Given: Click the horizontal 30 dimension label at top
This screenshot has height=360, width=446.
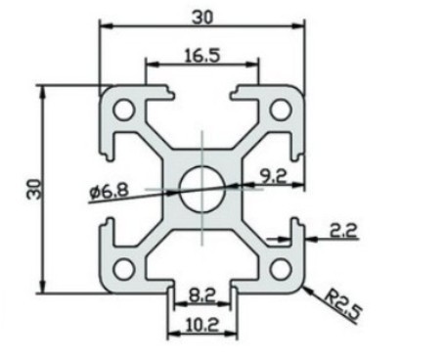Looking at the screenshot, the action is tap(202, 18).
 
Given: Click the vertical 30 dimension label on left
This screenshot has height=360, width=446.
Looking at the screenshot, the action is tap(34, 189).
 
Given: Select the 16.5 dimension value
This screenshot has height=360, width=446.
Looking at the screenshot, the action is tap(202, 56).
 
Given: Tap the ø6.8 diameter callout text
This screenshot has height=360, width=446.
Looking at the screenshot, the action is tap(109, 192).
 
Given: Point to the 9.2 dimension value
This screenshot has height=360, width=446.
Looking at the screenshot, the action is tap(273, 177).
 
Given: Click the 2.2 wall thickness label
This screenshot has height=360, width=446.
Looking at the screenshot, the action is tap(343, 231).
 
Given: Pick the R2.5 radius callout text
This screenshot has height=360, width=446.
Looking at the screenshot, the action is tap(344, 305).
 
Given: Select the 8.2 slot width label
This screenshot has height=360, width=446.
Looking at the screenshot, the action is tap(202, 296).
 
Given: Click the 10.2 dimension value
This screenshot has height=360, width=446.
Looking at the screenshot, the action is tap(202, 325).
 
